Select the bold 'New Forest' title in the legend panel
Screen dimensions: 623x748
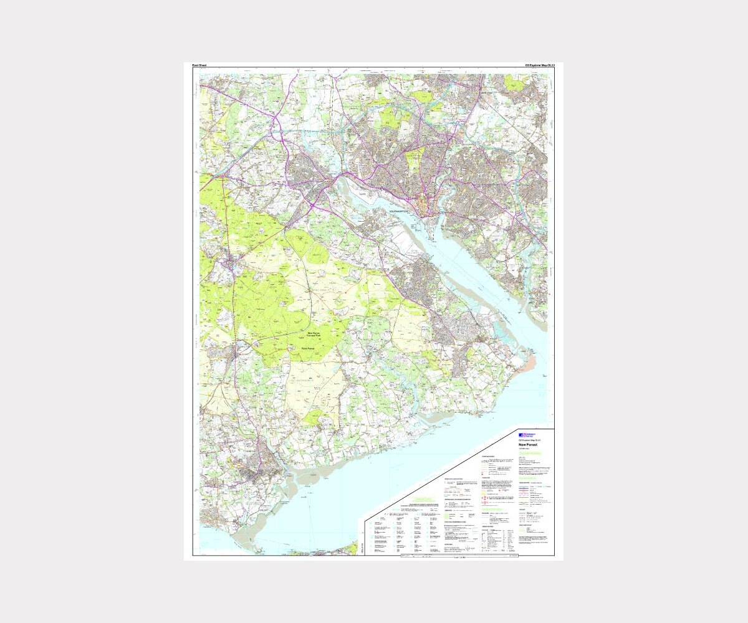click(x=528, y=445)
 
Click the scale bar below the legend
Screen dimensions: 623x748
click(x=459, y=556)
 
